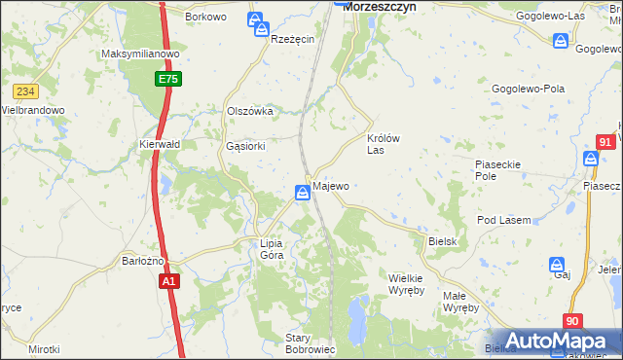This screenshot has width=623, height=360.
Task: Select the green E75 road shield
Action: coord(167,79)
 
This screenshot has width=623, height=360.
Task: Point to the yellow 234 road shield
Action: coord(25,91)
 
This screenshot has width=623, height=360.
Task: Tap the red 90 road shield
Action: coord(572,321)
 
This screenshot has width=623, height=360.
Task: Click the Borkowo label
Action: coord(205,18)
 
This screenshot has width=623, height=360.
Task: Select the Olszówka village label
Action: coord(250,111)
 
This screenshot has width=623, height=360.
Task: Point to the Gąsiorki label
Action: coord(245,146)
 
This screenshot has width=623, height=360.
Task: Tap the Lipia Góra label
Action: coord(272,249)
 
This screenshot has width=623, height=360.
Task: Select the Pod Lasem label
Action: coord(503,221)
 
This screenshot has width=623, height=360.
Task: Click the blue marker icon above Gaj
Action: coord(558,265)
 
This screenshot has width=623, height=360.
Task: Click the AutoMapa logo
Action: coord(552,341)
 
